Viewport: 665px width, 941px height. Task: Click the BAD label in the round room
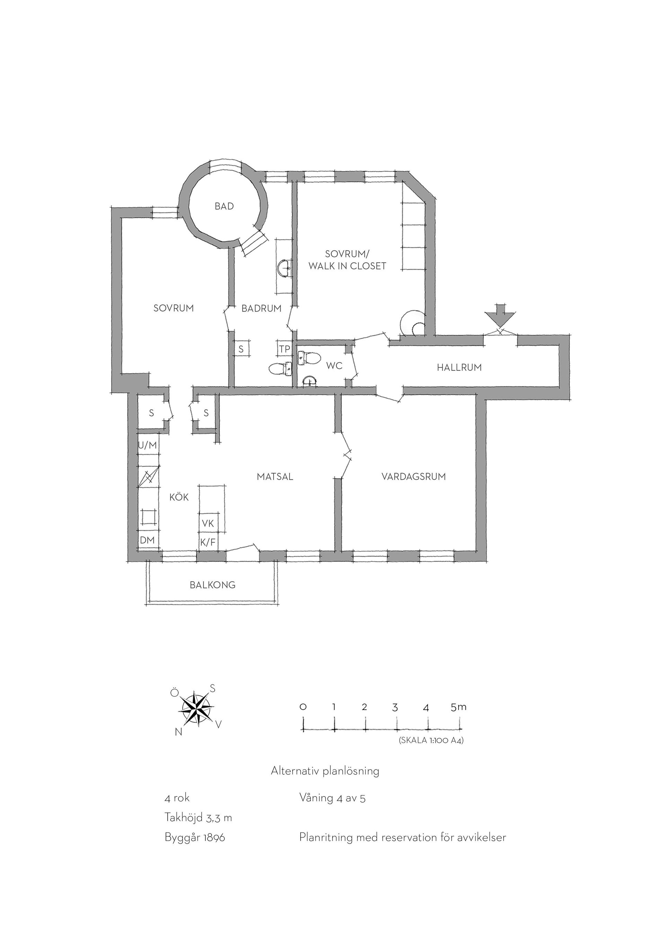pyautogui.click(x=224, y=206)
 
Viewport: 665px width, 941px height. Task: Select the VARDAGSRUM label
pyautogui.click(x=414, y=476)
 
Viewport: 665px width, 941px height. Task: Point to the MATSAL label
pyautogui.click(x=275, y=476)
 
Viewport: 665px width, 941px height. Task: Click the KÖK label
pyautogui.click(x=179, y=497)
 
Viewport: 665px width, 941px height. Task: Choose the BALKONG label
pyautogui.click(x=213, y=585)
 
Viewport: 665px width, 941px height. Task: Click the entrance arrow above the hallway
pyautogui.click(x=500, y=314)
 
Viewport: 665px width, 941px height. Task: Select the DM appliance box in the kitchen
pyautogui.click(x=148, y=540)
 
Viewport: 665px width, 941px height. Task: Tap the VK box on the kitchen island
pyautogui.click(x=208, y=523)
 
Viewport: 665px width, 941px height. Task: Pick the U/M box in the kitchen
pyautogui.click(x=148, y=445)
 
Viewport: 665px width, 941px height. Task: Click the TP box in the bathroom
pyautogui.click(x=285, y=349)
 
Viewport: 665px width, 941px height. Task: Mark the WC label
pyautogui.click(x=334, y=366)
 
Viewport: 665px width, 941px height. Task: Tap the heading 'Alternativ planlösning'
pyautogui.click(x=325, y=771)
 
